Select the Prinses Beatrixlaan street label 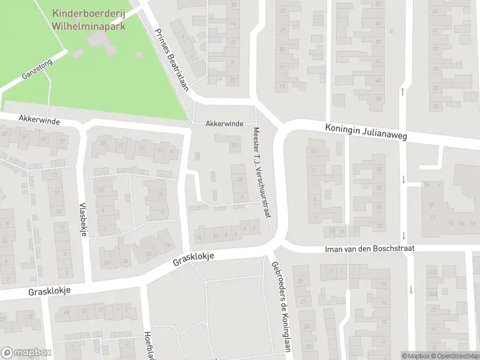click(171, 59)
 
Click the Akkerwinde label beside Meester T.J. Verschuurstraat click(224, 124)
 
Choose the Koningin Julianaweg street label click(366, 132)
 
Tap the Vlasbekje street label click(83, 219)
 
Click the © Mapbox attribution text click(417, 356)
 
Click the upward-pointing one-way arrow click(402, 91)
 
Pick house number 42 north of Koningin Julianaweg click(377, 80)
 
